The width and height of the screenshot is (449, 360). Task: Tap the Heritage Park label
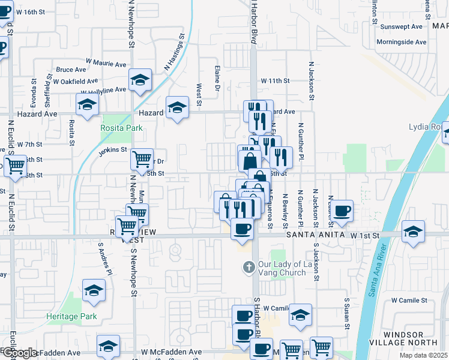71,316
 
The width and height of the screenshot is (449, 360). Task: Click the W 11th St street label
275,80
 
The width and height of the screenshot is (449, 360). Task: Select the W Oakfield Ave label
75,81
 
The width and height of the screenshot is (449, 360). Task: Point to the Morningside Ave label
401,42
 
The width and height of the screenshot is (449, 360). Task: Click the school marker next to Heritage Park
94,291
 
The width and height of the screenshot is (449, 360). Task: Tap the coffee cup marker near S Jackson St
342,211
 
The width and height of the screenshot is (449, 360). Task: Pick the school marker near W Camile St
300,314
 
